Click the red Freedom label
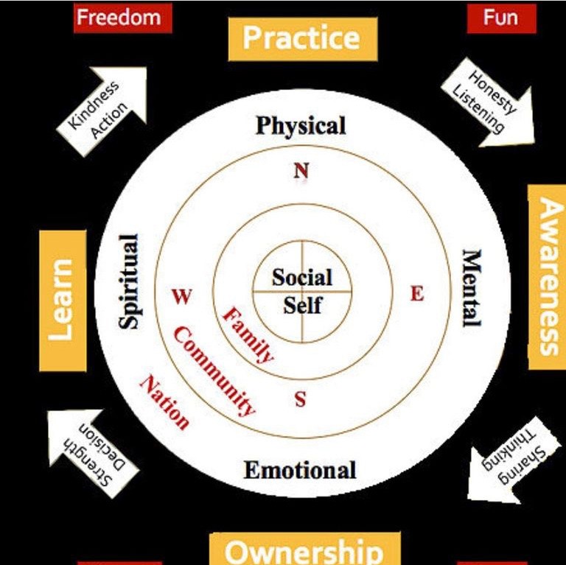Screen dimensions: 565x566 (x=123, y=18)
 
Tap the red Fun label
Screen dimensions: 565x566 (x=501, y=18)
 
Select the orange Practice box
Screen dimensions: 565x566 (x=302, y=38)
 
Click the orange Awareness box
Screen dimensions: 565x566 (x=547, y=276)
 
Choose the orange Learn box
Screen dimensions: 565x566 (x=63, y=301)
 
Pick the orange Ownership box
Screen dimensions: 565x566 (x=304, y=550)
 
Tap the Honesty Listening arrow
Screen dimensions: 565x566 (x=491, y=103)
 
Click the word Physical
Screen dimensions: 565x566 (x=301, y=126)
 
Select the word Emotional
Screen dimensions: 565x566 (x=300, y=470)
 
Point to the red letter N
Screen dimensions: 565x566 (x=301, y=171)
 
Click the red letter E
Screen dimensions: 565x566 (x=417, y=294)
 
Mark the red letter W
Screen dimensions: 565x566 (x=182, y=297)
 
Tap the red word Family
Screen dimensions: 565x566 (x=248, y=335)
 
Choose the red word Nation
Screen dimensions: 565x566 (x=165, y=402)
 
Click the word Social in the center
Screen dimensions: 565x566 (x=302, y=278)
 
